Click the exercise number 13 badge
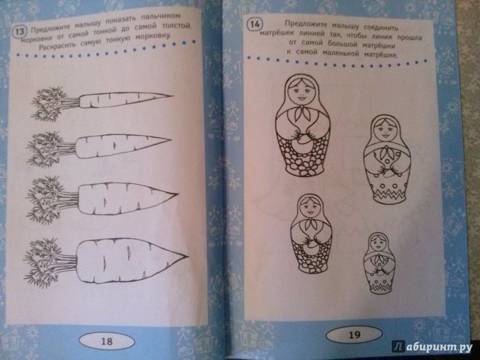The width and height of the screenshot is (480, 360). pyautogui.click(x=20, y=32)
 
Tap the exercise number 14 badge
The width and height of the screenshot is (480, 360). pyautogui.click(x=254, y=24)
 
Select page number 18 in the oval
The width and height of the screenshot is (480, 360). pyautogui.click(x=107, y=341)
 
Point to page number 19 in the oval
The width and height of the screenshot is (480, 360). pyautogui.click(x=354, y=335)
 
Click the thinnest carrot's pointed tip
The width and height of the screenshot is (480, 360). pyautogui.click(x=173, y=96)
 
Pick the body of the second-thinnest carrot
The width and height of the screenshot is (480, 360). pyautogui.click(x=122, y=146)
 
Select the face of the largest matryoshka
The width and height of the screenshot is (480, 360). pyautogui.click(x=302, y=93)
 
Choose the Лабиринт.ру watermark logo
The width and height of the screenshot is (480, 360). pyautogui.click(x=431, y=346)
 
